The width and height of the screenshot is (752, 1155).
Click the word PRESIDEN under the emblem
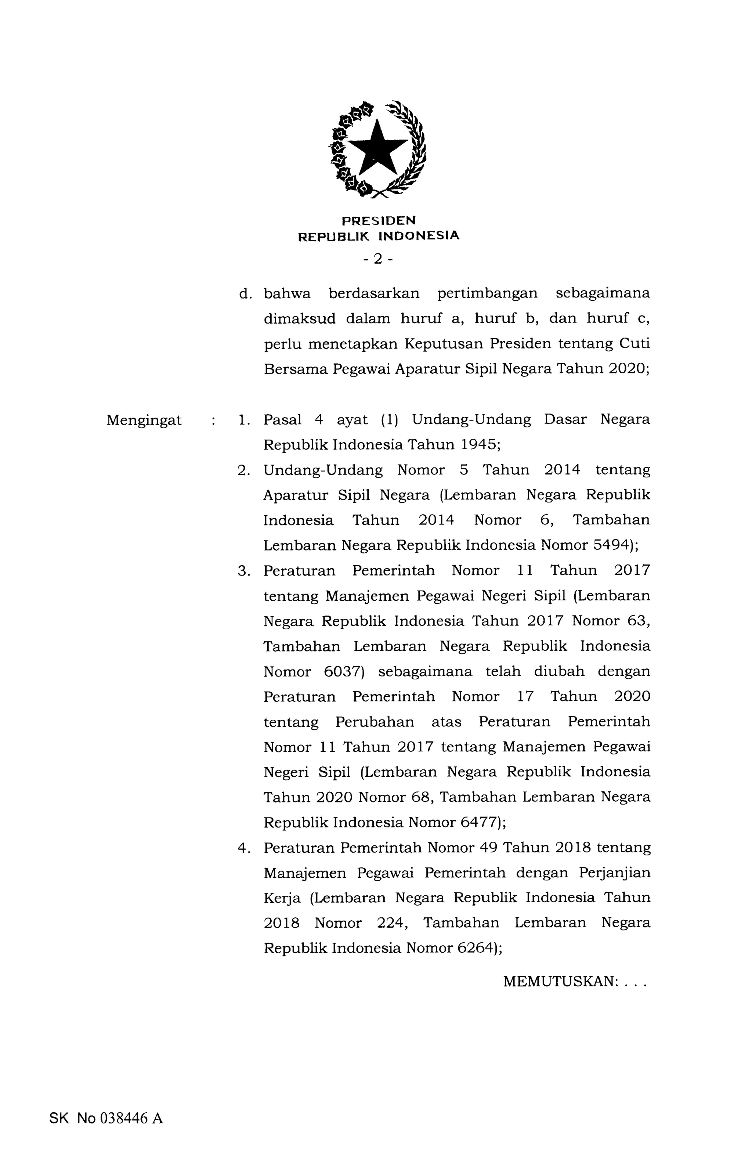point(379,221)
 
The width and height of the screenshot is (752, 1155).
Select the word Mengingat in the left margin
point(144,420)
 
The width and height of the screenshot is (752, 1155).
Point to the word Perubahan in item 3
point(375,722)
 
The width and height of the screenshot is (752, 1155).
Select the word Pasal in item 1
point(282,420)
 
